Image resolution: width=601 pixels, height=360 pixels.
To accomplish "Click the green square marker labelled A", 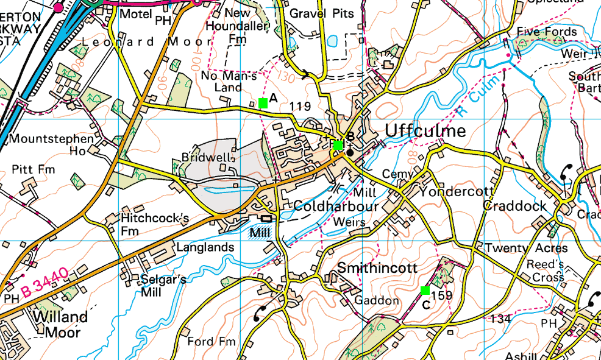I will click(263, 103).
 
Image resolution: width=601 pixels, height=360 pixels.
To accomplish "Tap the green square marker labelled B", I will click(338, 145).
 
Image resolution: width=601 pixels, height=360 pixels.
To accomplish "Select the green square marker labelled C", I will click(425, 290).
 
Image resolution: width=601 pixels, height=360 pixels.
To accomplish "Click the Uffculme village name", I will click(425, 131).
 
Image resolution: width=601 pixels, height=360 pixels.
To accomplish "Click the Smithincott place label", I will click(377, 268).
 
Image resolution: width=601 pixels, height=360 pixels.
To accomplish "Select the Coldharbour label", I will click(337, 206).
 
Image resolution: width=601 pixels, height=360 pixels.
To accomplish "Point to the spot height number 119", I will click(300, 107).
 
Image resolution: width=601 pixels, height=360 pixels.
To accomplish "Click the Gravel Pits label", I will click(321, 13).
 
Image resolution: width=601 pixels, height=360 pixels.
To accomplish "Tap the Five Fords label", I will click(546, 32).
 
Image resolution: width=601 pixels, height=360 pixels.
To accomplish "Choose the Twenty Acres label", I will click(526, 249).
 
